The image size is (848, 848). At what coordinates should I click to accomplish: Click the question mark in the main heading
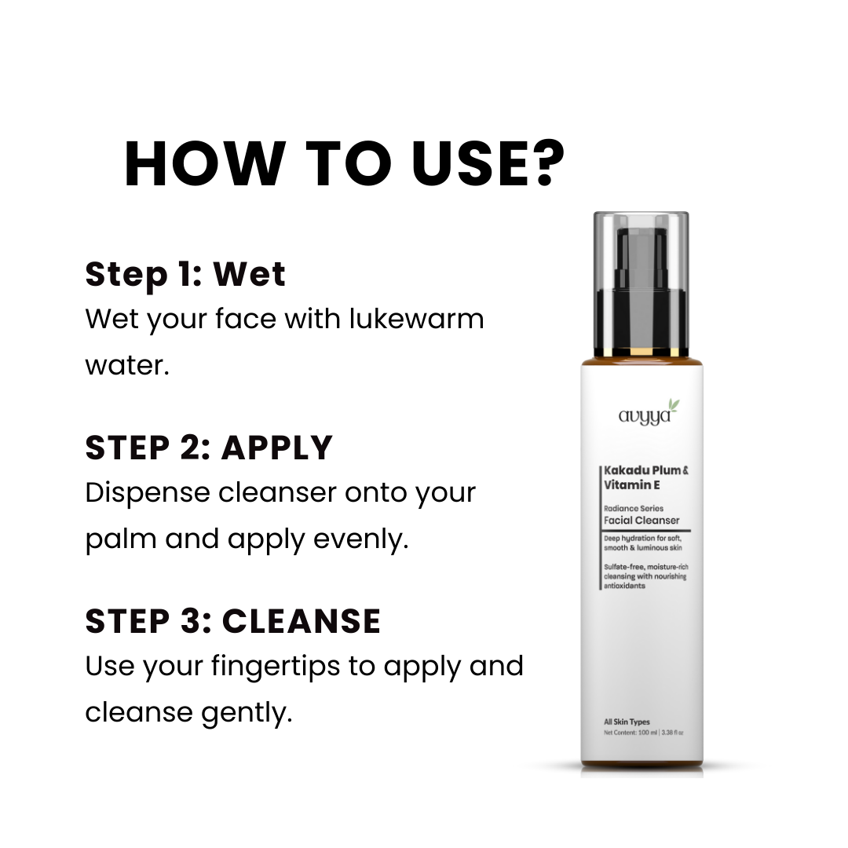pyautogui.click(x=543, y=163)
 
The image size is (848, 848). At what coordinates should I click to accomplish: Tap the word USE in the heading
pyautogui.click(x=466, y=164)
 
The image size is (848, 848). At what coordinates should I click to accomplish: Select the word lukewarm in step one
pyautogui.click(x=416, y=318)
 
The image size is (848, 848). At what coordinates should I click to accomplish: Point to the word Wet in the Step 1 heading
pyautogui.click(x=250, y=274)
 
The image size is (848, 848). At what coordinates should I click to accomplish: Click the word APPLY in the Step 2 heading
pyautogui.click(x=277, y=448)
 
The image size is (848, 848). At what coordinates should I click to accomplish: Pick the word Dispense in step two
pyautogui.click(x=147, y=494)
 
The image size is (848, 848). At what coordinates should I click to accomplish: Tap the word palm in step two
pyautogui.click(x=121, y=539)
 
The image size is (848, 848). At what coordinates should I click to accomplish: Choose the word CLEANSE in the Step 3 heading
pyautogui.click(x=302, y=621)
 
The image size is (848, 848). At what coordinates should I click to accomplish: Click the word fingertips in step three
pyautogui.click(x=276, y=667)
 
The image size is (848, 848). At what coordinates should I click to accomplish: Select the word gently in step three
pyautogui.click(x=247, y=713)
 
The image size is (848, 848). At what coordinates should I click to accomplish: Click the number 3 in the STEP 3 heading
pyautogui.click(x=190, y=621)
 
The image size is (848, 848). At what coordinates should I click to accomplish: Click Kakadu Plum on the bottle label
pyautogui.click(x=642, y=470)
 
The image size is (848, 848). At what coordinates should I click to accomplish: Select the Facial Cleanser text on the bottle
pyautogui.click(x=641, y=521)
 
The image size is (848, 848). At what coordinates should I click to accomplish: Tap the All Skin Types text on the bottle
pyautogui.click(x=627, y=722)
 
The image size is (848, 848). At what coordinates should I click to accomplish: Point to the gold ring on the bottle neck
pyautogui.click(x=641, y=353)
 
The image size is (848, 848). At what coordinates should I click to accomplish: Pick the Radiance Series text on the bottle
pyautogui.click(x=634, y=508)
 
